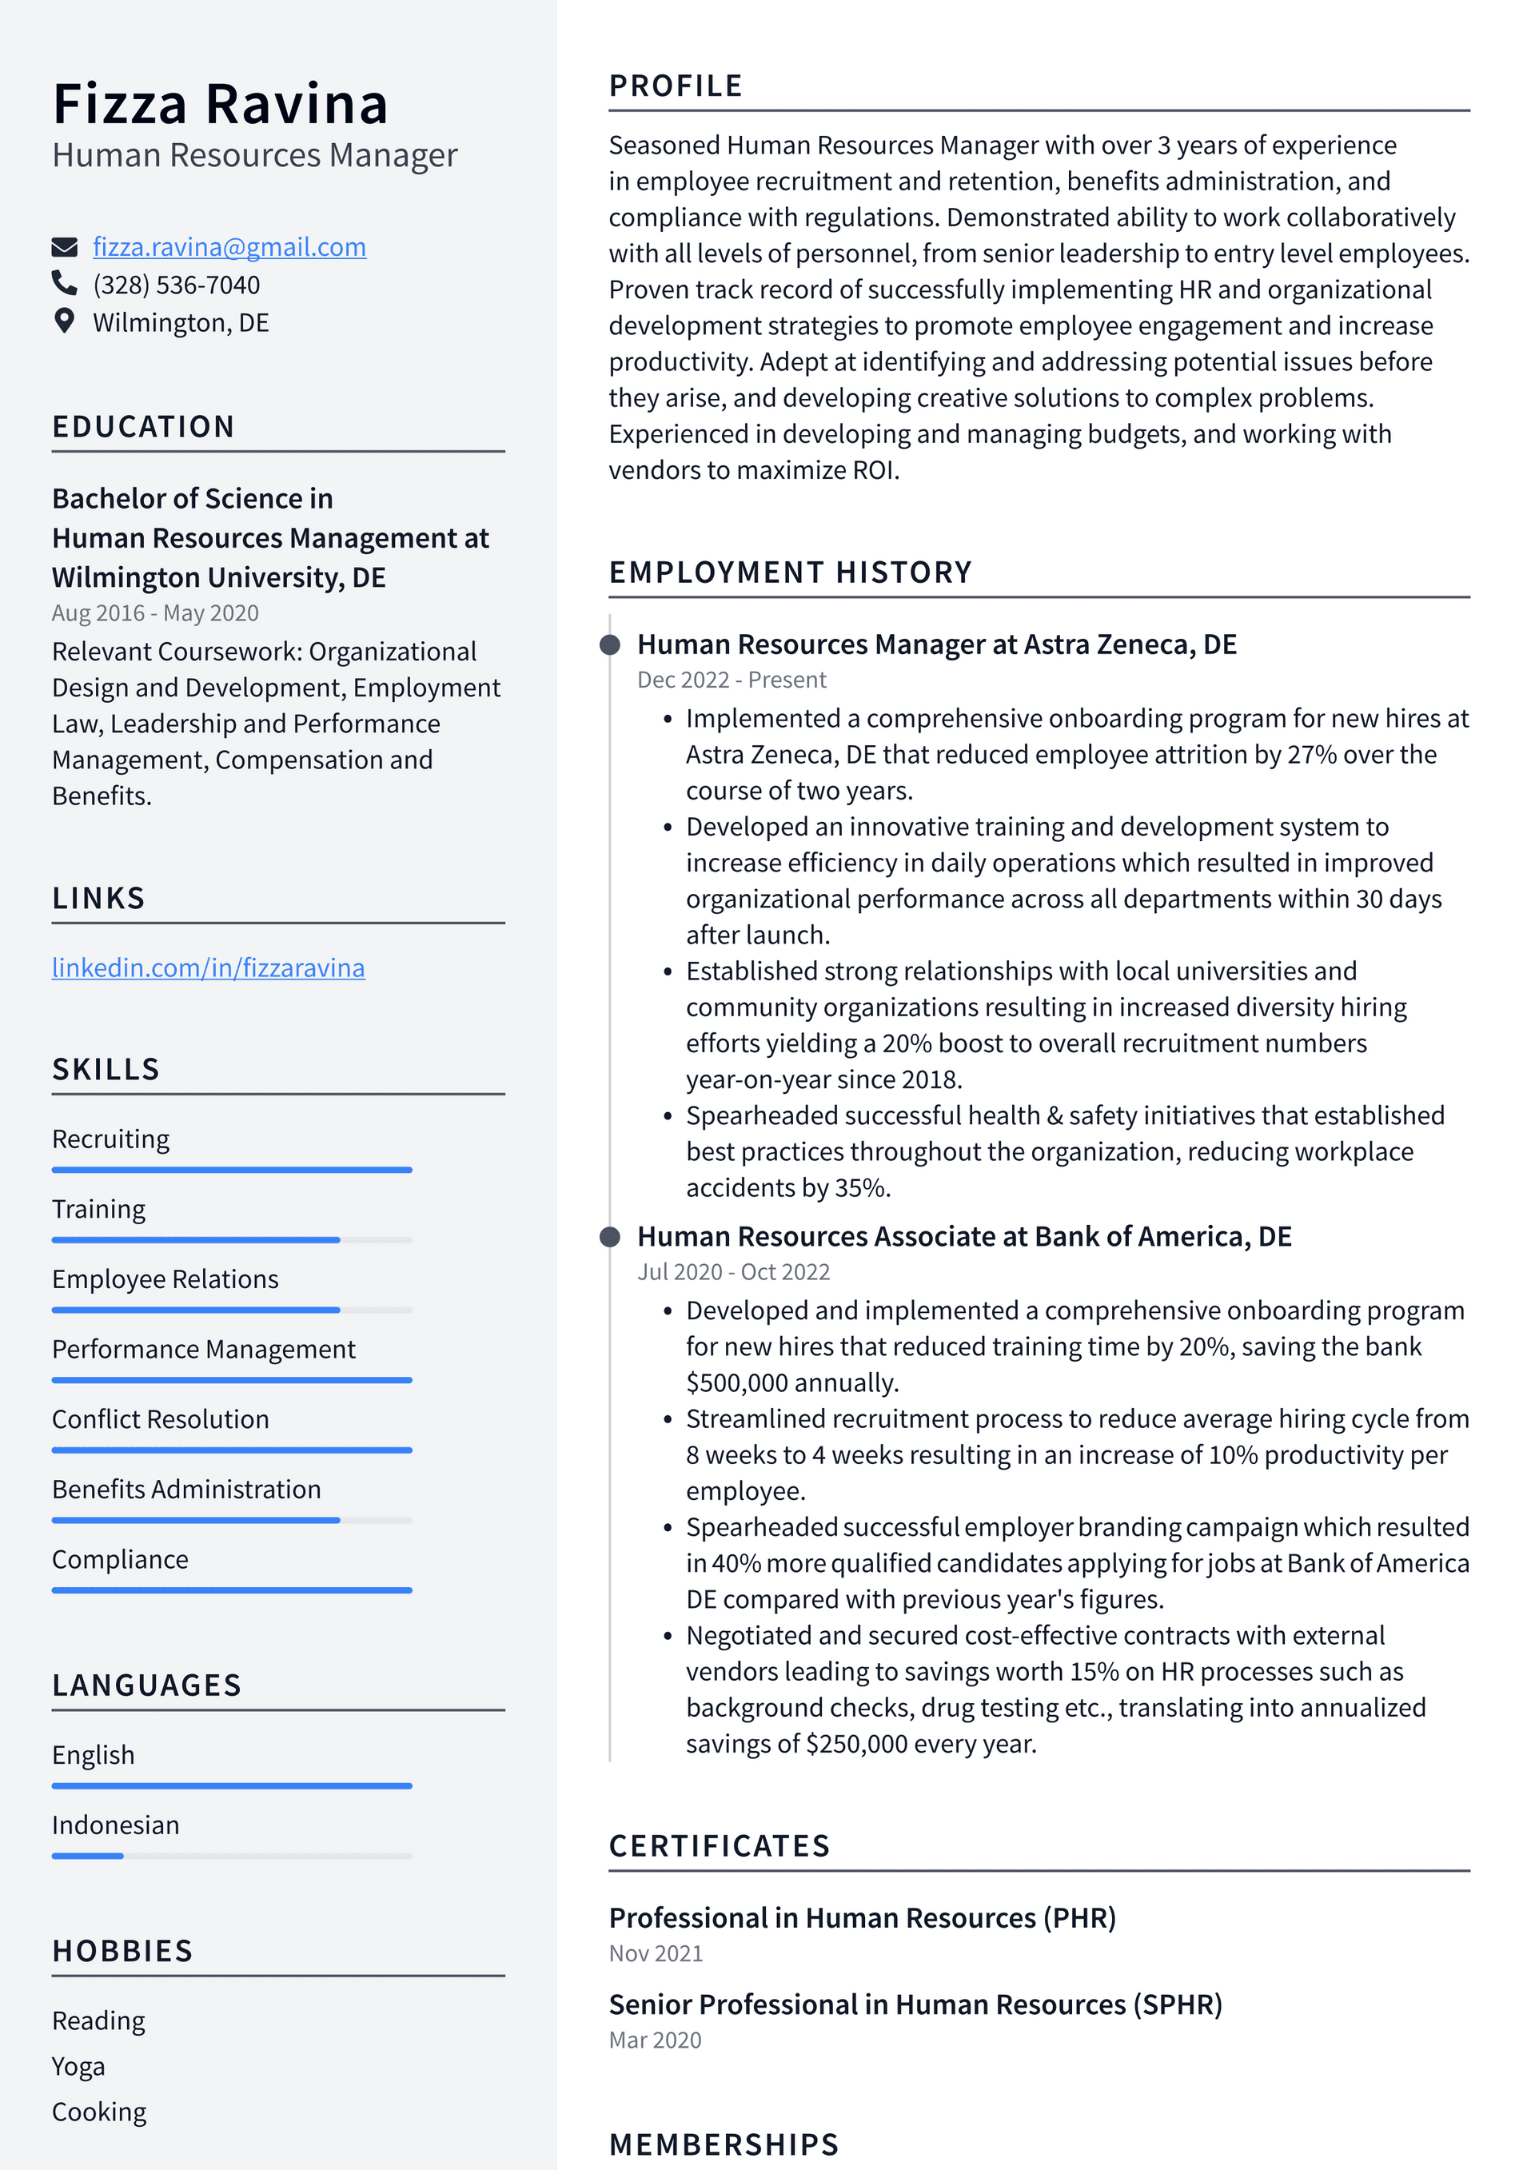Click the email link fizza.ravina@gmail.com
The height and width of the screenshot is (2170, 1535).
[x=229, y=247]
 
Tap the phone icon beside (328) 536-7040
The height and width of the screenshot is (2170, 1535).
[x=64, y=284]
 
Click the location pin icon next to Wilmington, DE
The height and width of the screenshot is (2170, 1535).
[x=64, y=321]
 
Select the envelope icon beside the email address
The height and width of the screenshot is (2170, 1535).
[x=64, y=248]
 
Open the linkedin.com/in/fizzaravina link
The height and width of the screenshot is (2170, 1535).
[x=208, y=967]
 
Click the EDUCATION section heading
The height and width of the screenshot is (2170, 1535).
[x=143, y=426]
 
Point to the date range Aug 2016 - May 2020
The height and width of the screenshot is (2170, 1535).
[x=155, y=612]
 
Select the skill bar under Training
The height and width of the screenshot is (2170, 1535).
[x=232, y=1239]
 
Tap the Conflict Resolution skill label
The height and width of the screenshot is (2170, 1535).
[x=161, y=1418]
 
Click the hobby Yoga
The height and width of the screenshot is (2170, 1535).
[x=78, y=2066]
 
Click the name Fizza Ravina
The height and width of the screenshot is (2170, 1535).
[x=220, y=103]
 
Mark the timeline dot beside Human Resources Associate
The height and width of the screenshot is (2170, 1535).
[x=611, y=1236]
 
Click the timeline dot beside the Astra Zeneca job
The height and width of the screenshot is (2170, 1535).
[x=611, y=644]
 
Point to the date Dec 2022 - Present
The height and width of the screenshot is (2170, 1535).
[x=731, y=680]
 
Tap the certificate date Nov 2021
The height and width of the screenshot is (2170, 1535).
[x=655, y=1953]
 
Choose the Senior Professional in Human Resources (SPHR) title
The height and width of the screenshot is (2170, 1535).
[x=915, y=2004]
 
